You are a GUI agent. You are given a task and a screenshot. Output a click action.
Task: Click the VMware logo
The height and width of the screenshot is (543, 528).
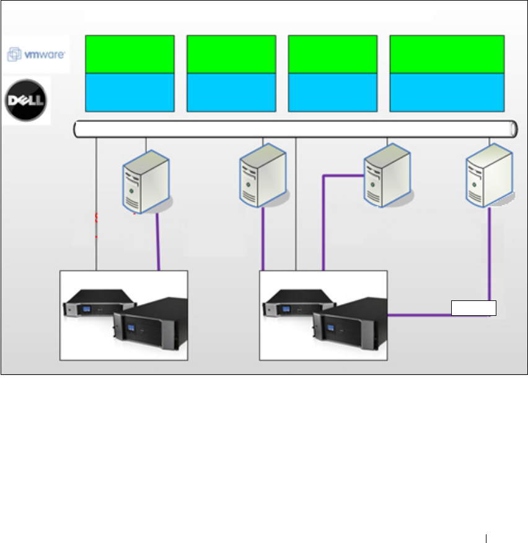[36, 55]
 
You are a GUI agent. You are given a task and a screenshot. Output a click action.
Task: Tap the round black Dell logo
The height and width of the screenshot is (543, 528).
[26, 101]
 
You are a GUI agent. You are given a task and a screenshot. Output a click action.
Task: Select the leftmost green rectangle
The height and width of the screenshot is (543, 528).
[130, 55]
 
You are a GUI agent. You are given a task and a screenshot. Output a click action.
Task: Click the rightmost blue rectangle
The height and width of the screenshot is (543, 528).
[447, 92]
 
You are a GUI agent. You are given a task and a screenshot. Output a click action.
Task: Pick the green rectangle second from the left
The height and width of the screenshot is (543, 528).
[231, 55]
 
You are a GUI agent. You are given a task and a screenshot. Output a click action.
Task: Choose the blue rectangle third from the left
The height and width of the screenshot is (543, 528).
[333, 92]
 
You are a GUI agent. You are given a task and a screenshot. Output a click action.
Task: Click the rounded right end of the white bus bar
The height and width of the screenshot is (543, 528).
[514, 129]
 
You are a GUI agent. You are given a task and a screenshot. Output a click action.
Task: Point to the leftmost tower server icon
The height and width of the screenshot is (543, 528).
[147, 182]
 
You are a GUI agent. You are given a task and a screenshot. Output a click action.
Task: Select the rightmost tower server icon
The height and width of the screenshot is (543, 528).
[490, 176]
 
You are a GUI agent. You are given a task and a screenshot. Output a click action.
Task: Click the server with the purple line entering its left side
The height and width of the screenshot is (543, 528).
[388, 176]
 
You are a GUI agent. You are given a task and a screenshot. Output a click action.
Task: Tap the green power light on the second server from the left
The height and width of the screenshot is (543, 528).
[248, 184]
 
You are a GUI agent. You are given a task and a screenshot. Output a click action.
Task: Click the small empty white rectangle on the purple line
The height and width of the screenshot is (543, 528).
[473, 308]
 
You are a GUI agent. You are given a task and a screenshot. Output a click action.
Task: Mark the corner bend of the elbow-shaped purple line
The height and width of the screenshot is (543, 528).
[323, 176]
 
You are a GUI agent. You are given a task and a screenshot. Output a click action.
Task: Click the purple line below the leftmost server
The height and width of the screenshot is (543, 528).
[158, 242]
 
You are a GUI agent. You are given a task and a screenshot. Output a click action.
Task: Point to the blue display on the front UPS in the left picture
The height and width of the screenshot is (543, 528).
[131, 328]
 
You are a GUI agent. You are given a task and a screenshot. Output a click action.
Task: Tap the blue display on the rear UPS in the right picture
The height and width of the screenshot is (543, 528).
[286, 309]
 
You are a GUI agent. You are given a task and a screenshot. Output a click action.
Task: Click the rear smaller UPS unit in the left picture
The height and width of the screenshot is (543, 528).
[99, 303]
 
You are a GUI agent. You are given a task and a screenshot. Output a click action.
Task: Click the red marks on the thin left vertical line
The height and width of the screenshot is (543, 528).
[97, 225]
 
